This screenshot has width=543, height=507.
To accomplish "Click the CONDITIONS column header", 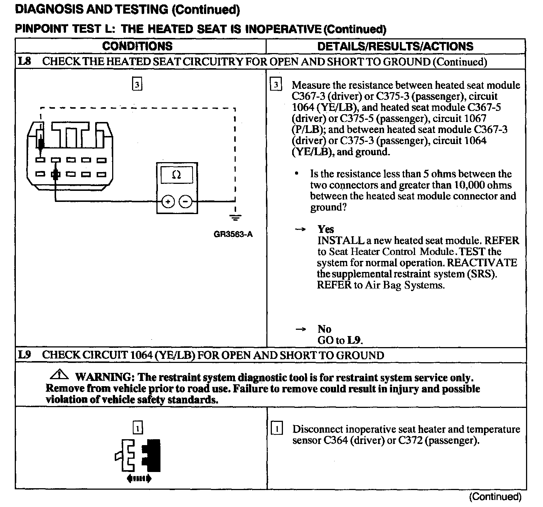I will pos(137,46).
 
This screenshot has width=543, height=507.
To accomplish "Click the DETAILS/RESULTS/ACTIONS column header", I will pos(395,46).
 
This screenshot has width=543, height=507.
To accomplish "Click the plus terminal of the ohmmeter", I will pos(168,202).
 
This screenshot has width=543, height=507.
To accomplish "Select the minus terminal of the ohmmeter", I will pos(185,202).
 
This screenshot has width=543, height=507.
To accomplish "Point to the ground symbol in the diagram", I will pos(235,217).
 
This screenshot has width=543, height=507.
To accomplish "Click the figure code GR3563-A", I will pos(233,234).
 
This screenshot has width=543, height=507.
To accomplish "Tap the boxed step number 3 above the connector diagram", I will pos(137,85).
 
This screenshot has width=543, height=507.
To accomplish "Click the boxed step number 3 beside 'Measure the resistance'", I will pos(276,85).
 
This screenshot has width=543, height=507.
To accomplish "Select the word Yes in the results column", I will pos(325,229).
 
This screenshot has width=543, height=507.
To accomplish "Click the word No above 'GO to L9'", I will pos(324,329).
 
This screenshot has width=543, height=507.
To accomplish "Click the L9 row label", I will pos(25,355).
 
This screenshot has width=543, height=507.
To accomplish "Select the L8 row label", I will pos(25,61).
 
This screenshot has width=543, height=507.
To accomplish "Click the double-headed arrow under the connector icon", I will pos(139,479).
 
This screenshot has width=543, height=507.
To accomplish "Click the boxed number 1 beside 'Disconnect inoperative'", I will pos(277,429).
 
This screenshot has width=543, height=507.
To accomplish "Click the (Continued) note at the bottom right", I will pos(495,497).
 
